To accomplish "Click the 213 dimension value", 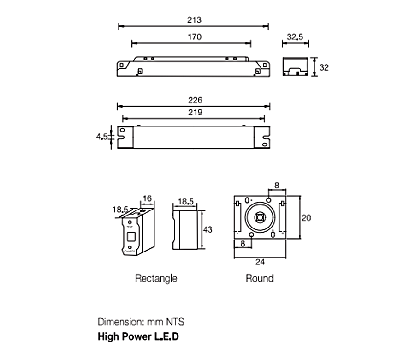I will tap(194, 20).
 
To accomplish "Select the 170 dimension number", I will tap(194, 37).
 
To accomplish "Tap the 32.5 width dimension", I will tap(295, 37).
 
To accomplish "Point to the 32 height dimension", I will tap(324, 67).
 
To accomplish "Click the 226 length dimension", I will tap(196, 100).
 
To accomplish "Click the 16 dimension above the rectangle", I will tap(147, 198).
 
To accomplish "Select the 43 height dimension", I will tap(207, 230).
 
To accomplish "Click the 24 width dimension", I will tap(260, 262).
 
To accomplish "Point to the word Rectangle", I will tap(156, 278).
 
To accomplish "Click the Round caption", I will tap(260, 278).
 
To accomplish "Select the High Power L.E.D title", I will tap(138, 336).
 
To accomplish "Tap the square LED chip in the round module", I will tap(260, 217).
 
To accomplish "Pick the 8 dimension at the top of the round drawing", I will tap(276, 186).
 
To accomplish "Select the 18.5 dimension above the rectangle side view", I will tap(185, 202).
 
